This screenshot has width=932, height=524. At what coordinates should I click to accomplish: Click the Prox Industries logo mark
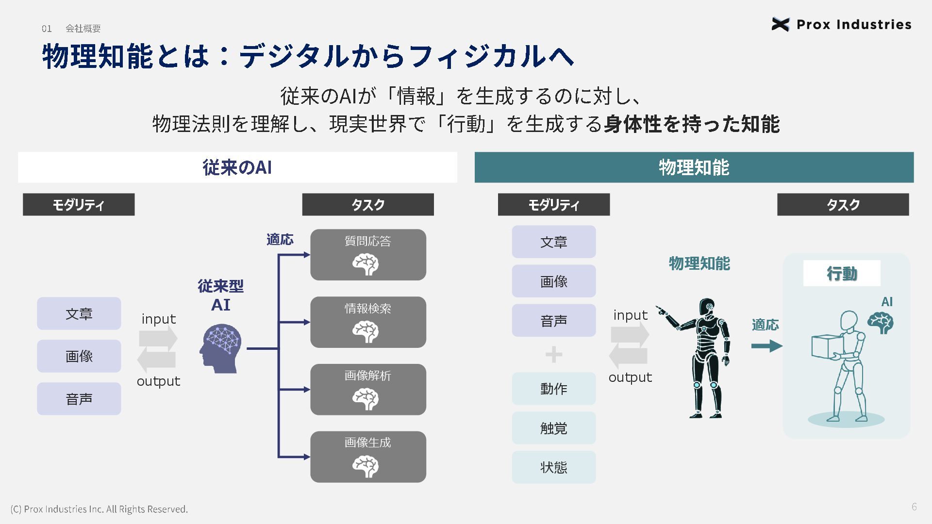[x=780, y=24]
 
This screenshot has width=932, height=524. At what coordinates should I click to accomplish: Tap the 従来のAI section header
[x=237, y=167]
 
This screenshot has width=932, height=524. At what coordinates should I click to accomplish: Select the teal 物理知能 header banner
[x=694, y=167]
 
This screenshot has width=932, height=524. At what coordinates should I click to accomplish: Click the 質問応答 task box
[x=368, y=255]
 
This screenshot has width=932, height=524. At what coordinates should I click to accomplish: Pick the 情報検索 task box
[x=368, y=322]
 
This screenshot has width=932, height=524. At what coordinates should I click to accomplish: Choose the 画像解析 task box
[x=368, y=390]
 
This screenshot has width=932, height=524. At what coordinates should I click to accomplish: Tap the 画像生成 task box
[x=368, y=457]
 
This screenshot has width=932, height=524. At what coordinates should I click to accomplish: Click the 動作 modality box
[x=553, y=389]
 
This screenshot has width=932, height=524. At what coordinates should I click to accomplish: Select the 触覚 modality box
[x=553, y=428]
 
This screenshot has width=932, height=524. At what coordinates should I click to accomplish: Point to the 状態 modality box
[x=553, y=467]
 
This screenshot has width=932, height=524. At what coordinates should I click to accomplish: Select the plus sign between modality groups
[x=554, y=355]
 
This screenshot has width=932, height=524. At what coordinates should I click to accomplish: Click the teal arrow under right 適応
[x=766, y=346]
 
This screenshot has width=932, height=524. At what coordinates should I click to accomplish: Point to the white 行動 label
[x=842, y=274]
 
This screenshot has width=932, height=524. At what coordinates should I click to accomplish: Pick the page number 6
[x=914, y=507]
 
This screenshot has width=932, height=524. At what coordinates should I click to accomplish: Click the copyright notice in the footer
[x=99, y=509]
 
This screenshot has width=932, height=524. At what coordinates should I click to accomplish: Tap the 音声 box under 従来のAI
[x=79, y=399]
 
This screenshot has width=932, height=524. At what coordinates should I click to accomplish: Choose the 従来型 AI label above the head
[x=221, y=295]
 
